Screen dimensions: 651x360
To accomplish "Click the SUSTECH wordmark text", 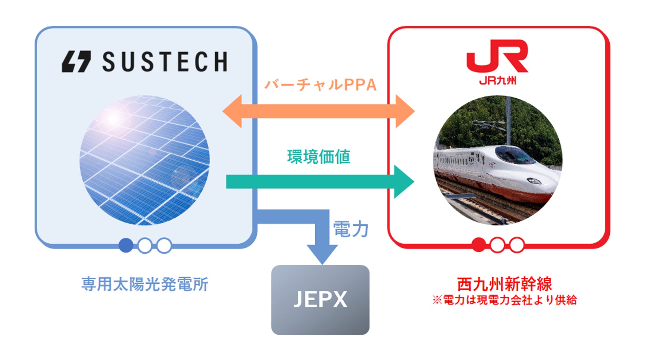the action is [x=165, y=62].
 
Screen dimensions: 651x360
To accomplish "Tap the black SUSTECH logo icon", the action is [x=76, y=62].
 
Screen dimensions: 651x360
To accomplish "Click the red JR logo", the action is [x=497, y=56].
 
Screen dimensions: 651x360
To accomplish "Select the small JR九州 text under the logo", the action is [x=497, y=80].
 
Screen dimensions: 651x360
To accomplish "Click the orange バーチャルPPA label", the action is [x=320, y=85].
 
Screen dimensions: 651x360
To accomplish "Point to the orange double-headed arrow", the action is [x=319, y=111].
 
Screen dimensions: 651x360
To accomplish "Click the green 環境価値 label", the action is [x=319, y=157].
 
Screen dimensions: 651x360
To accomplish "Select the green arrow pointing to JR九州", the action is [x=319, y=182].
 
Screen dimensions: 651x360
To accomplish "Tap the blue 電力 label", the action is [x=351, y=229].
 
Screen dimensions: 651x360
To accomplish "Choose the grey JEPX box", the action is [x=320, y=300].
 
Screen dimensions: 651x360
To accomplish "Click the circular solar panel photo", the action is [x=144, y=160].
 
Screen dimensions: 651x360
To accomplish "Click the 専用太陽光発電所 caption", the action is [x=145, y=284].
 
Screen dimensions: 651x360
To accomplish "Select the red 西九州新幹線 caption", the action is [x=505, y=284].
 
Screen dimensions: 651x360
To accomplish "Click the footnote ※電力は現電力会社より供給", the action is [x=505, y=300].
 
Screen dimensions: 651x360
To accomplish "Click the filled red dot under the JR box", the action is [x=479, y=245].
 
